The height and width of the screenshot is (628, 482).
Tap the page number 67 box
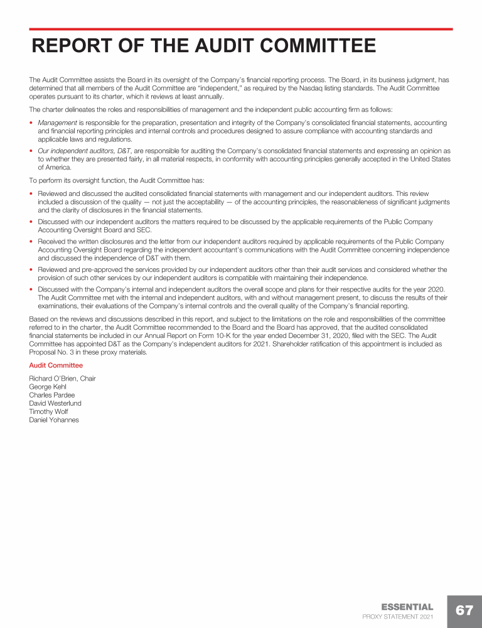(x=464, y=611)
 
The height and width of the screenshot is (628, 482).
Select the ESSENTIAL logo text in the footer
(x=407, y=607)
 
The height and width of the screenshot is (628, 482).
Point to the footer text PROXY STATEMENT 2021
(x=398, y=617)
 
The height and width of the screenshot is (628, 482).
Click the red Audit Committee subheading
(x=56, y=365)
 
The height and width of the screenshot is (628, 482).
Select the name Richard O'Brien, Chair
(x=62, y=379)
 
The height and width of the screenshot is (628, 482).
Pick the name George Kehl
(x=48, y=387)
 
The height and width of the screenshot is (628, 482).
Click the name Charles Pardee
(x=52, y=395)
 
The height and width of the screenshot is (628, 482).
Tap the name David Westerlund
(x=55, y=403)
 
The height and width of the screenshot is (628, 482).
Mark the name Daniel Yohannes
(x=54, y=420)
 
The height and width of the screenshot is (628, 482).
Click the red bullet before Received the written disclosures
(x=31, y=242)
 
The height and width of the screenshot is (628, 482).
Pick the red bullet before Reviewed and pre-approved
(x=31, y=270)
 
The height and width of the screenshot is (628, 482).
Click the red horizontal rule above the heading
(x=241, y=29)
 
